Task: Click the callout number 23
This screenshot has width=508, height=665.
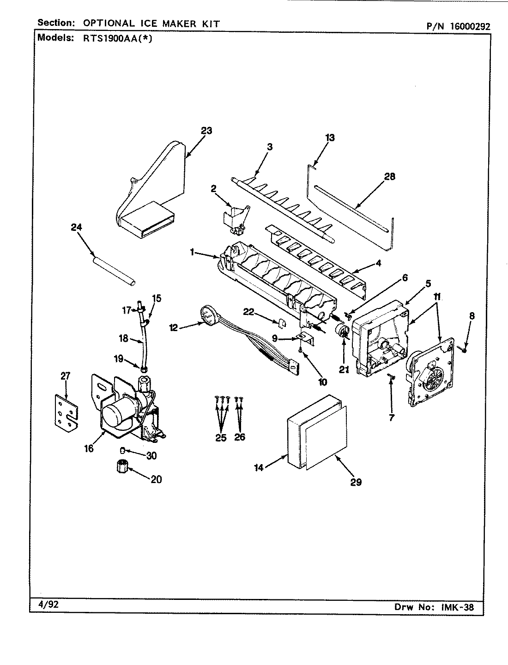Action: [x=206, y=131]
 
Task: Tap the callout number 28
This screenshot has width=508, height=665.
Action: [x=390, y=176]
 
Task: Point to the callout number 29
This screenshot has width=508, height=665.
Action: [x=356, y=482]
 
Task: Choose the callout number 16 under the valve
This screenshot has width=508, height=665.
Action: [x=89, y=448]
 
